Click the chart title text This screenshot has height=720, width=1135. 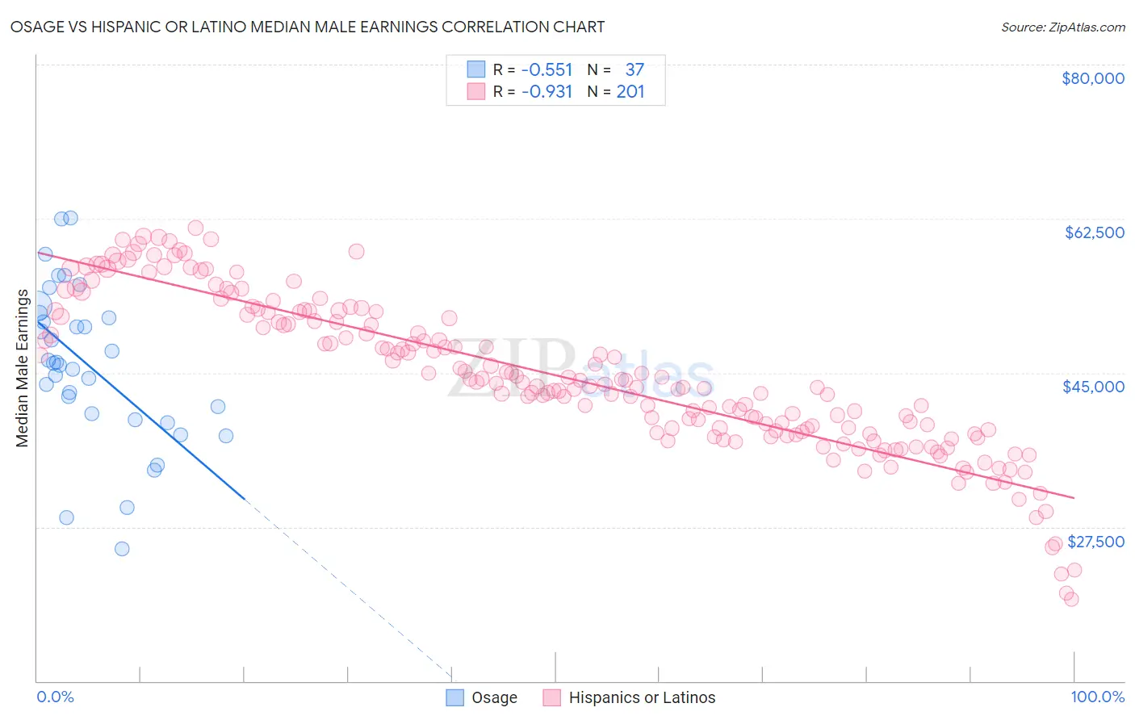[308, 27]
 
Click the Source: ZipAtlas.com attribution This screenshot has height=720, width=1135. [1062, 27]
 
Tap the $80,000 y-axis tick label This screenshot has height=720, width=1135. [1092, 78]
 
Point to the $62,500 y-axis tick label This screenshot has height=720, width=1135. [1094, 232]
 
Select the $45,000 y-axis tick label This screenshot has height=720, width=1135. [1093, 387]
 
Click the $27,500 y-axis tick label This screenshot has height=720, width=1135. [1095, 542]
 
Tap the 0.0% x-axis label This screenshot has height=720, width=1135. [55, 697]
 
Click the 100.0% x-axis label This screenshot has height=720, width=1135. [1097, 697]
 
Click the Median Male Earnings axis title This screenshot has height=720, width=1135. [23, 367]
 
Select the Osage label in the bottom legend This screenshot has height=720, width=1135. [494, 697]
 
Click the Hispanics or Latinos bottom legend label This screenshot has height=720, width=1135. [642, 697]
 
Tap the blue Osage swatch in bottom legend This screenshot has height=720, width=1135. [455, 697]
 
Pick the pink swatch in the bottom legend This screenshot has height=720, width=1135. [552, 697]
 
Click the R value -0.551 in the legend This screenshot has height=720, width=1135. [547, 69]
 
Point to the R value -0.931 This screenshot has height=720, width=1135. [547, 91]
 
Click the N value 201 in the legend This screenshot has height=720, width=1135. [630, 91]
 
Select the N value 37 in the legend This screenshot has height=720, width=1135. [635, 69]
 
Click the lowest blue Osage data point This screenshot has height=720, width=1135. [122, 549]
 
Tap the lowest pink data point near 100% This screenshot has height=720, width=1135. [1071, 599]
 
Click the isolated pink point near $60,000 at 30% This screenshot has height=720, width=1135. [356, 251]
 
